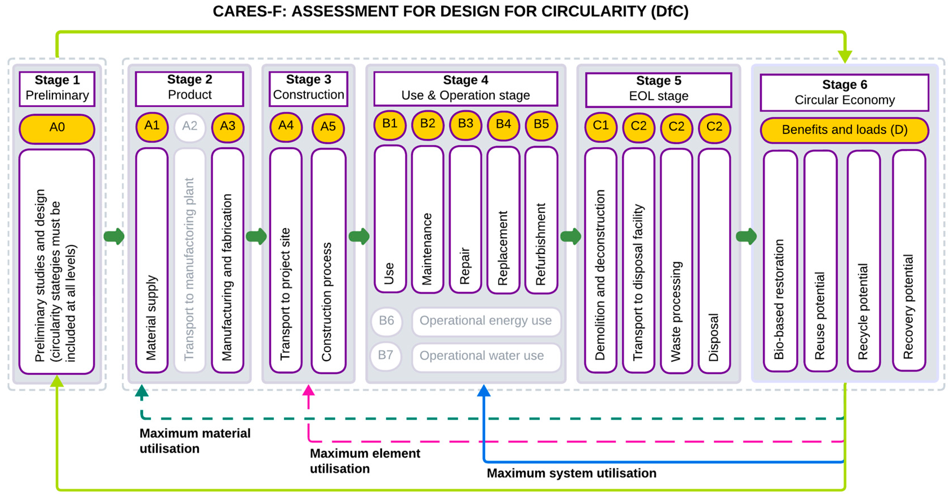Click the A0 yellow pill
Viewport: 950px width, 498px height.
[x=57, y=128]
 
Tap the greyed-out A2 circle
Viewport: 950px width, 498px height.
[x=190, y=127]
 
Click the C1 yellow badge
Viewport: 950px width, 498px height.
[x=600, y=126]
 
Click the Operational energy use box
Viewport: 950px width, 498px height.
[x=486, y=321]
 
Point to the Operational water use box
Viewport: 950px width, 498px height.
[x=486, y=356]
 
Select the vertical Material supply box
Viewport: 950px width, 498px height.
[x=152, y=260]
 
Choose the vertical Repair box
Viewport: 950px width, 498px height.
[x=465, y=219]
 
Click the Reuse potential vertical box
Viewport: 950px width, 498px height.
[x=820, y=261]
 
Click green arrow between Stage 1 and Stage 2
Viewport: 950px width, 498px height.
[x=114, y=236]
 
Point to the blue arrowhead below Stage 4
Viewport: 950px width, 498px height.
[x=483, y=391]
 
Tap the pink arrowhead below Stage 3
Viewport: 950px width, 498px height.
[x=308, y=390]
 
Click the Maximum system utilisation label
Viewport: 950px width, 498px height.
[x=571, y=473]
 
